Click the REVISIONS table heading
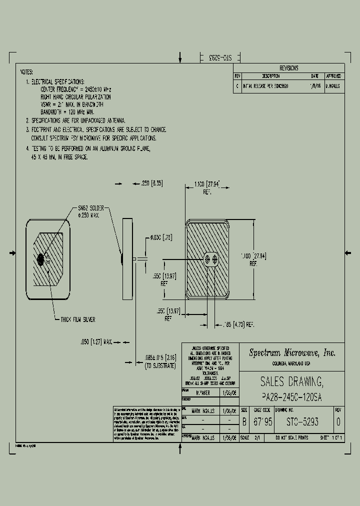pyautogui.click(x=288, y=68)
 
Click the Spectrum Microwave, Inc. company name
pyautogui.click(x=292, y=352)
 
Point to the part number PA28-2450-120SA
pyautogui.click(x=292, y=397)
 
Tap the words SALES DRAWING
pyautogui.click(x=292, y=382)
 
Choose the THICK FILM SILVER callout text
pyautogui.click(x=75, y=319)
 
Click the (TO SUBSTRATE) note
pyautogui.click(x=160, y=366)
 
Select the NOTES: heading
pyautogui.click(x=27, y=72)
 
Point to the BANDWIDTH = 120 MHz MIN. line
pyautogui.click(x=68, y=112)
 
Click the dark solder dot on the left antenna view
pyautogui.click(x=41, y=259)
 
